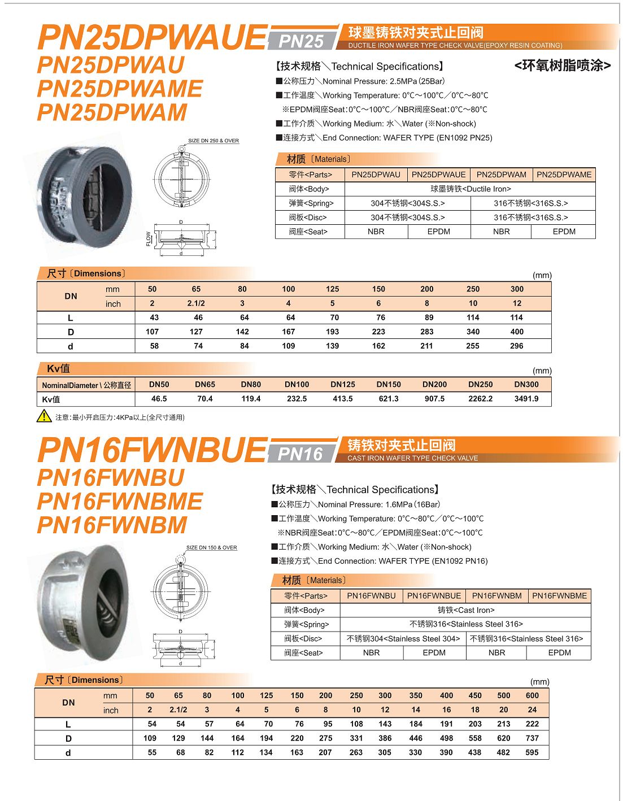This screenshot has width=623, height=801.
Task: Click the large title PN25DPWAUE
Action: pyautogui.click(x=151, y=37)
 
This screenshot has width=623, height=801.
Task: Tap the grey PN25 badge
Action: pyautogui.click(x=301, y=41)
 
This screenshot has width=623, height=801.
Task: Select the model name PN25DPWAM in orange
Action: pyautogui.click(x=112, y=112)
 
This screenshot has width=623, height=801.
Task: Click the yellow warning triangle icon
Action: pyautogui.click(x=44, y=416)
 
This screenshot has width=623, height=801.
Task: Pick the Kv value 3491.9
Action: pyautogui.click(x=526, y=399)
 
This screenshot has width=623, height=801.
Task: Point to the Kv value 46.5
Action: pyautogui.click(x=159, y=399)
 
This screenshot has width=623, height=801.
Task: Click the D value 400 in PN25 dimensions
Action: pyautogui.click(x=517, y=332)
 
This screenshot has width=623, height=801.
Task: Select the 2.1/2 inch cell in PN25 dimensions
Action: pyautogui.click(x=196, y=303)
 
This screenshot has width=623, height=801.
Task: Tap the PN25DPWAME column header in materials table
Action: pyautogui.click(x=564, y=175)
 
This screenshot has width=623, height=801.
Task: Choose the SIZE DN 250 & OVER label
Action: pyautogui.click(x=214, y=141)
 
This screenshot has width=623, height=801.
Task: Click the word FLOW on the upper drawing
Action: pyautogui.click(x=149, y=238)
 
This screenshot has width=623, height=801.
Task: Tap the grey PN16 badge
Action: pyautogui.click(x=300, y=454)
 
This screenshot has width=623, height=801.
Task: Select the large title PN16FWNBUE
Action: pyautogui.click(x=151, y=450)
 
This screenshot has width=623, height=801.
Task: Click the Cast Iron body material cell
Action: pyautogui.click(x=465, y=610)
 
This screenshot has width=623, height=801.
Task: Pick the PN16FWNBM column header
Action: pyautogui.click(x=496, y=595)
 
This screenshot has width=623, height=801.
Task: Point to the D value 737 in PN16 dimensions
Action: pyautogui.click(x=532, y=738)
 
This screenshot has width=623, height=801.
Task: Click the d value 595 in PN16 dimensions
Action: pyautogui.click(x=532, y=752)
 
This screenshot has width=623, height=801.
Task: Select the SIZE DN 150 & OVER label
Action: pyautogui.click(x=212, y=547)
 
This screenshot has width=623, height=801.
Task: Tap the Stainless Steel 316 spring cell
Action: pyautogui.click(x=465, y=624)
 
